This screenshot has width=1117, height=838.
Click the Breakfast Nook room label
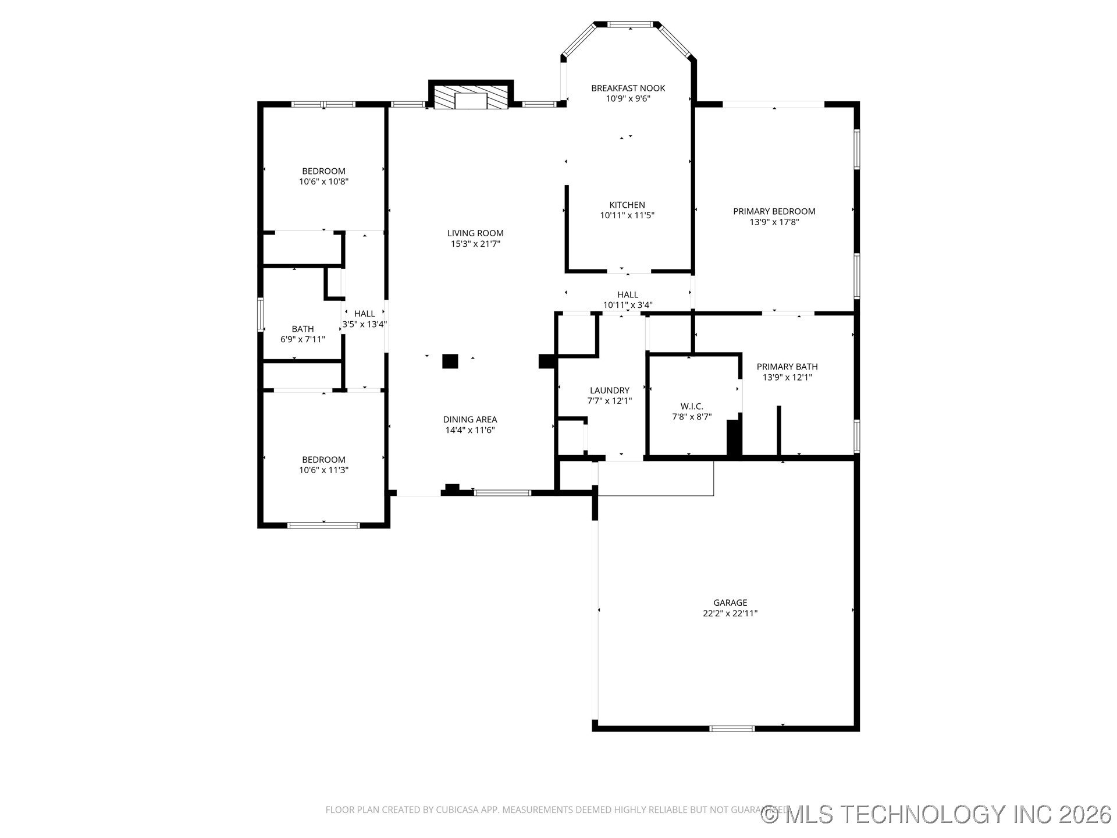628,88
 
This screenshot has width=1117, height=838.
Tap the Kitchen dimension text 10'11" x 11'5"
627,215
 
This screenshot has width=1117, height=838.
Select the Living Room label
475,233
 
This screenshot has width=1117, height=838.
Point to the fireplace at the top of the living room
470,97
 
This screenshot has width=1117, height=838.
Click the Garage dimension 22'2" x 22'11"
730,613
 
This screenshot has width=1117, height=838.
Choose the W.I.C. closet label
692,406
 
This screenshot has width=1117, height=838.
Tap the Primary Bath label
787,367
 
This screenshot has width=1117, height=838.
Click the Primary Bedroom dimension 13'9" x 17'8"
774,222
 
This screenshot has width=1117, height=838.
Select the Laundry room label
609,390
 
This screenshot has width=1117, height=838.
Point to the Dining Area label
470,420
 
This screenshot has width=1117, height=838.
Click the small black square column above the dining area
450,361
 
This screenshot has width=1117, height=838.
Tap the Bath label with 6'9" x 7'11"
303,329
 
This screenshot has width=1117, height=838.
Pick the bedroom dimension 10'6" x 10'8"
323,182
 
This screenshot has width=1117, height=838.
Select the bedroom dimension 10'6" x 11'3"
323,470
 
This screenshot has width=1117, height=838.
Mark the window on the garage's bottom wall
732,728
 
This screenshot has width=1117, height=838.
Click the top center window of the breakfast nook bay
630,24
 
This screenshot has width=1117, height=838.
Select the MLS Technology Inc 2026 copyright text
937,814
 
